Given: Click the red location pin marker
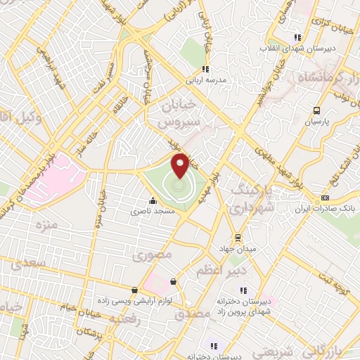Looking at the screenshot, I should (x=180, y=166).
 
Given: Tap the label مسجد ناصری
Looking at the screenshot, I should (x=153, y=210).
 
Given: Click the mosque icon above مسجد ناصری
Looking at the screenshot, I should (x=153, y=200).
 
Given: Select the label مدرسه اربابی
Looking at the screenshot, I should (x=205, y=80).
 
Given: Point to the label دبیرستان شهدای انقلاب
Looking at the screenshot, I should (x=297, y=48).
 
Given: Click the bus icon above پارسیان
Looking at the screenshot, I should (x=316, y=110).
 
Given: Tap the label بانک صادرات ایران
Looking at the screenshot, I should (x=325, y=210).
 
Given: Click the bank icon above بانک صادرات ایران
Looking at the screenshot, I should (x=325, y=199).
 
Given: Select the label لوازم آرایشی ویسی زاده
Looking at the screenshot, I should (x=136, y=300).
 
